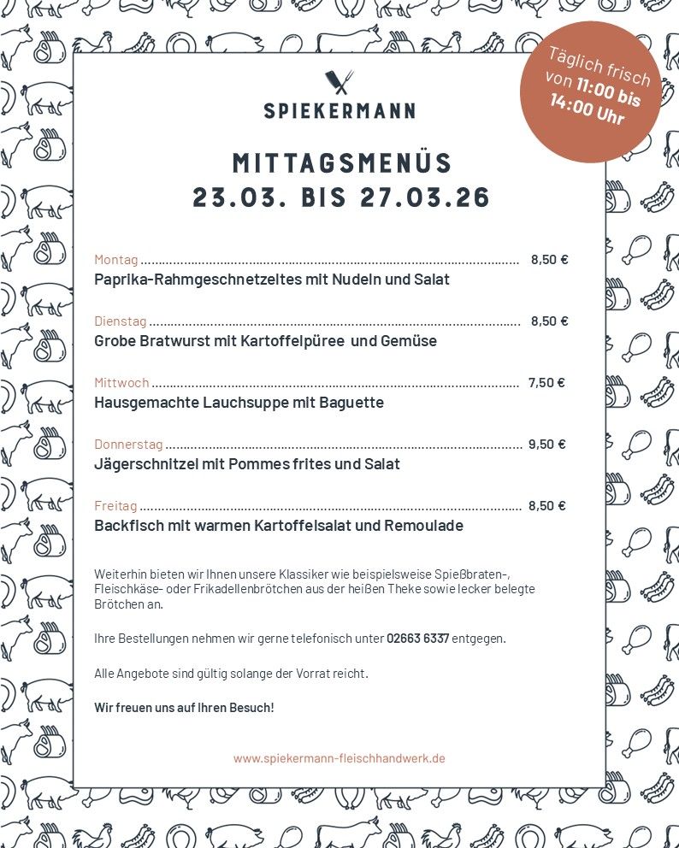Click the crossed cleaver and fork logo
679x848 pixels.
point(339,82)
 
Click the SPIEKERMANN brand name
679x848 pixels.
point(339,110)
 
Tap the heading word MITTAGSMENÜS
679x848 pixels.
point(342,162)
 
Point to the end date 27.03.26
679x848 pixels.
point(425,197)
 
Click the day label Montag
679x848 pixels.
point(115,260)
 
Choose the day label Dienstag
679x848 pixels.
point(120,321)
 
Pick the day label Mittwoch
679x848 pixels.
point(121,383)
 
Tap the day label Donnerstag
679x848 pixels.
point(128,445)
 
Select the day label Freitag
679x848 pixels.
point(115,506)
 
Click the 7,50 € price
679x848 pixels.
point(546,383)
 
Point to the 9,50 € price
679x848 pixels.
point(547,445)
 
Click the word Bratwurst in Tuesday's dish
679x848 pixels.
point(168,341)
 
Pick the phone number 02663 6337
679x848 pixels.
point(417,639)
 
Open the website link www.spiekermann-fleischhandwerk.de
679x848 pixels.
point(339,758)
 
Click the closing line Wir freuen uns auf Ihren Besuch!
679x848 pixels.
point(184,708)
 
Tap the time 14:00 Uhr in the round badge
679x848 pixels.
point(587,111)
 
